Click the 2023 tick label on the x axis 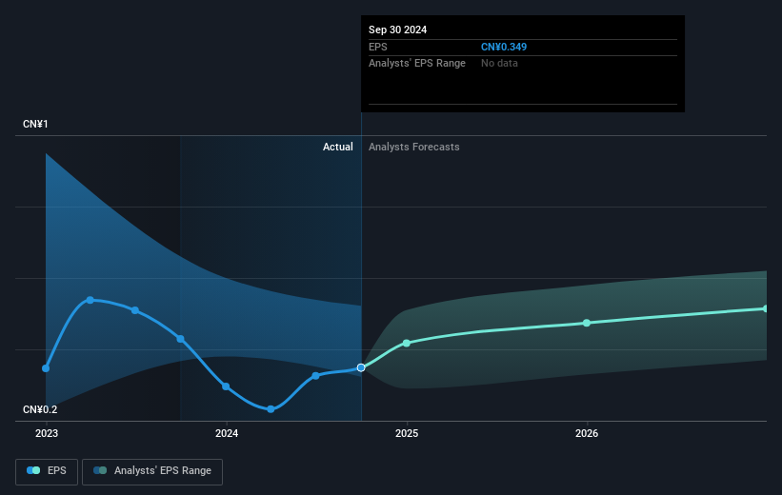pyautogui.click(x=46, y=433)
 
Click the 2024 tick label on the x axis pyautogui.click(x=227, y=433)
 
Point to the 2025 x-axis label pyautogui.click(x=407, y=433)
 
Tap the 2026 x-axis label pyautogui.click(x=587, y=433)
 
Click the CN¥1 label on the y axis pyautogui.click(x=36, y=125)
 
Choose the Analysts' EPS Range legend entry pyautogui.click(x=152, y=470)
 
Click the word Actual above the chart pyautogui.click(x=337, y=147)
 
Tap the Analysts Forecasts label pyautogui.click(x=413, y=147)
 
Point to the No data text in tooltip pyautogui.click(x=500, y=63)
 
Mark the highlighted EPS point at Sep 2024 pyautogui.click(x=361, y=367)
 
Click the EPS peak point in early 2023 pyautogui.click(x=90, y=300)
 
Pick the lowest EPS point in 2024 pyautogui.click(x=271, y=409)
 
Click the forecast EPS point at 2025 pyautogui.click(x=407, y=343)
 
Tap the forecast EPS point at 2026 pyautogui.click(x=587, y=323)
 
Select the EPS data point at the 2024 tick pyautogui.click(x=227, y=386)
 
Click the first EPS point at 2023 pyautogui.click(x=46, y=367)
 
